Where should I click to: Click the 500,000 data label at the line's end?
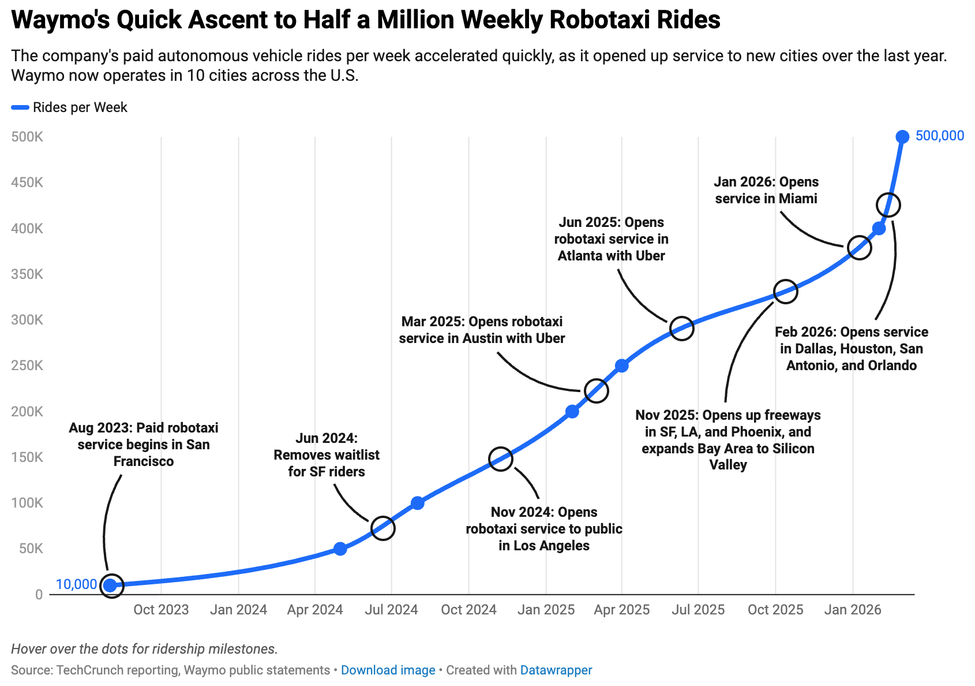click(x=939, y=136)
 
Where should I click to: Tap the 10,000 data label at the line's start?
click(x=76, y=584)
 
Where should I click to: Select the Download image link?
click(x=388, y=670)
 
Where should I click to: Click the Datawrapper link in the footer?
click(x=556, y=670)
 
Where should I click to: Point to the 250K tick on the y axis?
click(x=27, y=366)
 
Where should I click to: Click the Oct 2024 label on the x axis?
click(x=468, y=610)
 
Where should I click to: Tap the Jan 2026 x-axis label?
click(x=852, y=610)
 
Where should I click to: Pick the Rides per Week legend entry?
click(x=80, y=107)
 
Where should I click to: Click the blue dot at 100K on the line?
click(x=418, y=503)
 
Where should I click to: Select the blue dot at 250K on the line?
click(x=621, y=366)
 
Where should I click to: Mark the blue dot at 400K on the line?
click(x=879, y=229)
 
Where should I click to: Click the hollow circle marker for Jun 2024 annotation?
click(x=383, y=528)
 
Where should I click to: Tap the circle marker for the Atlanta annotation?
click(x=681, y=329)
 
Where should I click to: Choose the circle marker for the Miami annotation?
click(x=859, y=248)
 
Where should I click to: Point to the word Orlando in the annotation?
click(x=892, y=366)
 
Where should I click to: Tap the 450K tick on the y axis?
click(x=27, y=182)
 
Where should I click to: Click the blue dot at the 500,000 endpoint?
click(x=902, y=137)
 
